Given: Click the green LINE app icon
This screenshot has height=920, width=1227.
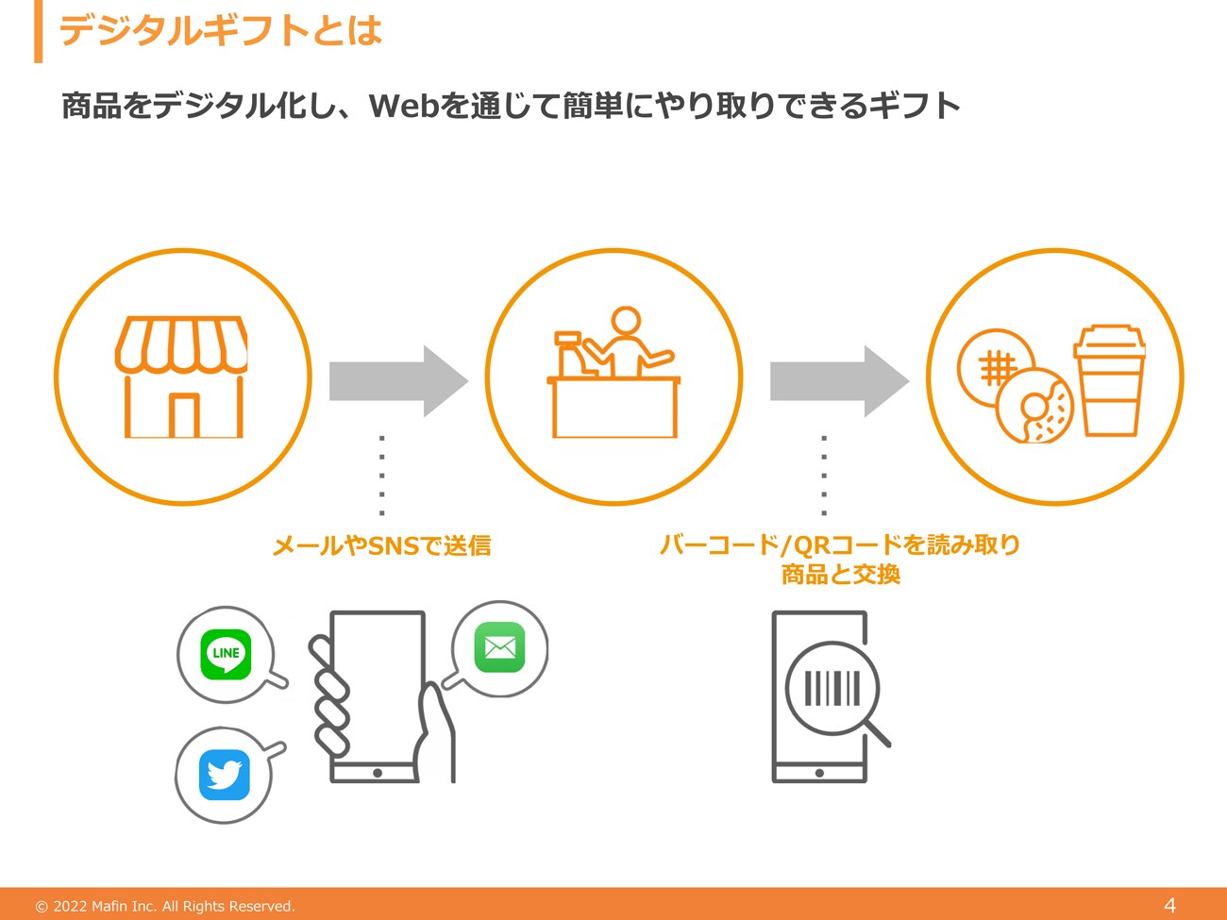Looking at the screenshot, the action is point(226,654).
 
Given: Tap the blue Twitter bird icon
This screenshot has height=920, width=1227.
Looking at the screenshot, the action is point(225,775).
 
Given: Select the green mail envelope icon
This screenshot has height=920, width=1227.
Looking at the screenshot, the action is point(499,647).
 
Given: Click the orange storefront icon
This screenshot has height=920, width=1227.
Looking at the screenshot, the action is point(181,376).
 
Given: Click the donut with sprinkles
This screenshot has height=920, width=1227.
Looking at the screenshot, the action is point(1034,406).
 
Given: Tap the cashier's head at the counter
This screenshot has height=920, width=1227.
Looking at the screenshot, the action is point(626,321).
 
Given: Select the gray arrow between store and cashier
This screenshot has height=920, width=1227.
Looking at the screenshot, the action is point(398,381).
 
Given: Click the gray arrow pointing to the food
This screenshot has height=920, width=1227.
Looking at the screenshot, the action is point(840,381).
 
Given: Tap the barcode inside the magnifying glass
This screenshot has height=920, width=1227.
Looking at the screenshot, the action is point(832,688).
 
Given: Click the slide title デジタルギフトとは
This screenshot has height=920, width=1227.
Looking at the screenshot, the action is point(221,30).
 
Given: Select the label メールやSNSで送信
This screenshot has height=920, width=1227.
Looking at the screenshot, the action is point(382,545).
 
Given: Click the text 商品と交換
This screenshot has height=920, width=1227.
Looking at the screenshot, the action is point(841,575).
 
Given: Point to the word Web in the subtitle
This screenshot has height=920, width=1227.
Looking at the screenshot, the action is point(404,106).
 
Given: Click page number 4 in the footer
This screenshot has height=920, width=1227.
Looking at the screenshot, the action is point(1169,905).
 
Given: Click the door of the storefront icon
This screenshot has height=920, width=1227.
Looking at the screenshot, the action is point(184,415).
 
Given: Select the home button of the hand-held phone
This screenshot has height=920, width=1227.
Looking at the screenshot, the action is point(378,773).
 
